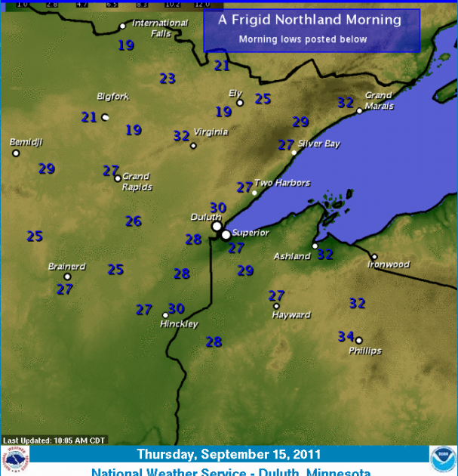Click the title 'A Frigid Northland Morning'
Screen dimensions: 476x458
coord(311,20)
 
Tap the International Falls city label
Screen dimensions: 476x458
coord(159,28)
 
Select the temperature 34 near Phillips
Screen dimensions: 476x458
coord(346,336)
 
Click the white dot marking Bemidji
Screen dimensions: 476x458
coord(16,153)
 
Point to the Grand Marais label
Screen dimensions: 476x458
coord(379,101)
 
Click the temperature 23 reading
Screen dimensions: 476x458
coord(168,79)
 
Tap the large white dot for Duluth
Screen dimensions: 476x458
coord(217,226)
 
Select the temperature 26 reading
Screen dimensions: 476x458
coord(134,221)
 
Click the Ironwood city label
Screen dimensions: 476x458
coord(389,264)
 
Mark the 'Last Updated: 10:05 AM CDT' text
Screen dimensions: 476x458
coord(54,440)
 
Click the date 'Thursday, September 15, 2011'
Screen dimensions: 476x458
coord(229,455)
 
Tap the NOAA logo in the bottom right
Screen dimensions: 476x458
coord(442,459)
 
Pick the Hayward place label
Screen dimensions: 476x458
coord(291,315)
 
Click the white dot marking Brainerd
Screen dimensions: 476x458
coord(67,277)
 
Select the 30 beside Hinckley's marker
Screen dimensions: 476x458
coord(177,308)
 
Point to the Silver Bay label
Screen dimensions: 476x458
coord(318,144)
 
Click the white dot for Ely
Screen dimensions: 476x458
coord(240,103)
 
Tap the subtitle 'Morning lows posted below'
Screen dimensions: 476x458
coord(303,39)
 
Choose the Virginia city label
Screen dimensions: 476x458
coord(211,131)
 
